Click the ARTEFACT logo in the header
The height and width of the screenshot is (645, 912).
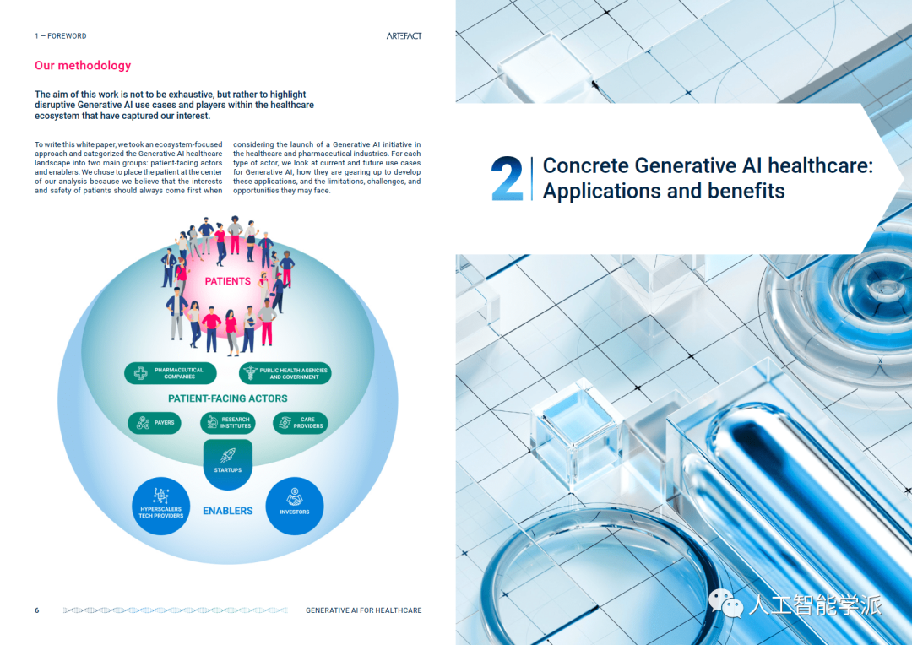pos(404,36)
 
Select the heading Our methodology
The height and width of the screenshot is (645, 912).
pos(83,66)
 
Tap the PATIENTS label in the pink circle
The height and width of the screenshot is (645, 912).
pos(227,281)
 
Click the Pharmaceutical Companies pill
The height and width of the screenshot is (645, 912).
pos(171,373)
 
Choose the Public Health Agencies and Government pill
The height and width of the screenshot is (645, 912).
pos(285,373)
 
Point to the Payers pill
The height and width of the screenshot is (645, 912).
pos(155,423)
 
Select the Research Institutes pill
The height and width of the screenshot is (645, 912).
pos(227,423)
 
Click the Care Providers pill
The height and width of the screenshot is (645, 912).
pos(300,423)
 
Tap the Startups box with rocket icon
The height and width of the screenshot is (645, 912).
pos(227,463)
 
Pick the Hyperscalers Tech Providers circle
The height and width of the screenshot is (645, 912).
pos(160,506)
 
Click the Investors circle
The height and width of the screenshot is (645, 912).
pos(295,506)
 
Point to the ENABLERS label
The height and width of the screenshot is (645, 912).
pos(227,512)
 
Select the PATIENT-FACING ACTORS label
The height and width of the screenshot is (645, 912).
pos(227,399)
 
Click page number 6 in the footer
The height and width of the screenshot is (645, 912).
pos(36,610)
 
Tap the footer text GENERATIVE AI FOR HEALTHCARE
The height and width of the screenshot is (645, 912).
pos(363,610)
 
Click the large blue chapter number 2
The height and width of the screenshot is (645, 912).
pos(507,178)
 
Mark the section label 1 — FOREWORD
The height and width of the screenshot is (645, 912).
pos(61,36)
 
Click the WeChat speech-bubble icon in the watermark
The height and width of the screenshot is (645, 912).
pos(726,603)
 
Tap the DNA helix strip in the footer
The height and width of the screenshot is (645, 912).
pos(175,610)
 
